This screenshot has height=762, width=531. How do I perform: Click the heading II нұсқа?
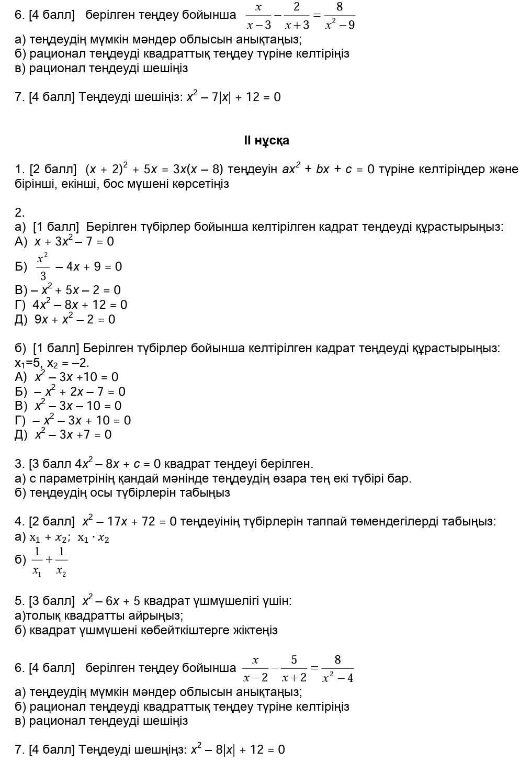(x=266, y=140)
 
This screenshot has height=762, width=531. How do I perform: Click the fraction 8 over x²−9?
(x=339, y=16)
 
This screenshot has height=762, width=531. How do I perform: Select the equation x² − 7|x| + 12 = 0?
(x=234, y=97)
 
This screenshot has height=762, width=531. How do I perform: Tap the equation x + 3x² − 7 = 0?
(x=74, y=241)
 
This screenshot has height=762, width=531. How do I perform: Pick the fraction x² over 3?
(x=42, y=266)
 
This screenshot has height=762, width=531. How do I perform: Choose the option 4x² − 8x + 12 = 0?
(x=80, y=305)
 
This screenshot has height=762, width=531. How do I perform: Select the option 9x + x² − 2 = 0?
(x=75, y=319)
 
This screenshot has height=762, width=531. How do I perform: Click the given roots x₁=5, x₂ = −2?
(x=52, y=363)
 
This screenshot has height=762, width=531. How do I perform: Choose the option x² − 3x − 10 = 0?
(x=78, y=406)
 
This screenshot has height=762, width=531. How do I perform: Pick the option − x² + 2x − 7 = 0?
(x=80, y=391)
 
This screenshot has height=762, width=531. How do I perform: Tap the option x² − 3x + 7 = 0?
(x=73, y=434)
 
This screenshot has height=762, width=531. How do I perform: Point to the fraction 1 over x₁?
(x=37, y=561)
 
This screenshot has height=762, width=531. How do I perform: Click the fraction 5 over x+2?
(x=294, y=668)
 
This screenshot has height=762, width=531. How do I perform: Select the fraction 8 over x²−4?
(x=337, y=668)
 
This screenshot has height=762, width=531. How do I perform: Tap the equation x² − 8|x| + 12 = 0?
(x=238, y=749)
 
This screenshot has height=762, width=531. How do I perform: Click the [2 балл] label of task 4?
(x=52, y=521)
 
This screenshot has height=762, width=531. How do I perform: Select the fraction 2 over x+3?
(x=297, y=16)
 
